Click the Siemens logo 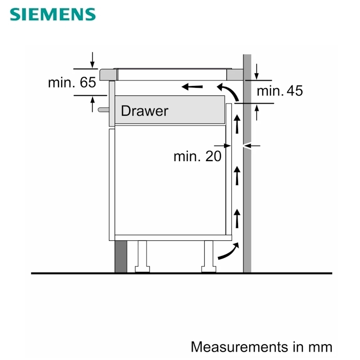point(53,14)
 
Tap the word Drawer point(144,111)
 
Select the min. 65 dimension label point(72,82)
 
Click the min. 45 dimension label point(279,91)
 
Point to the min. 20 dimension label point(198,156)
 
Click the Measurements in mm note point(261,346)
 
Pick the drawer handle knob point(103,110)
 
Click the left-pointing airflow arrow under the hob point(192,87)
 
